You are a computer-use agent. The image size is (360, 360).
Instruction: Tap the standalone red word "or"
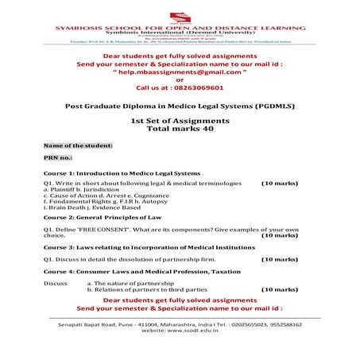[180, 79]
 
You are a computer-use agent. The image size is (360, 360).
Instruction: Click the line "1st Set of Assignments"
[180, 120]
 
